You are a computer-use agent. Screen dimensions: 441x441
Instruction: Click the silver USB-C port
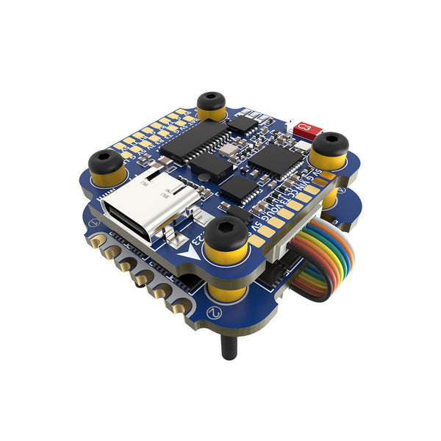tap(154, 207)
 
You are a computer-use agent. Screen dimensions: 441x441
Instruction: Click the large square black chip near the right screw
tap(276, 158)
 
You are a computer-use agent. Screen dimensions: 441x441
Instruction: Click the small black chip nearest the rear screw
tap(241, 123)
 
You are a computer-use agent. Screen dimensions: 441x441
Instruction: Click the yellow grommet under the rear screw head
tap(212, 113)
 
